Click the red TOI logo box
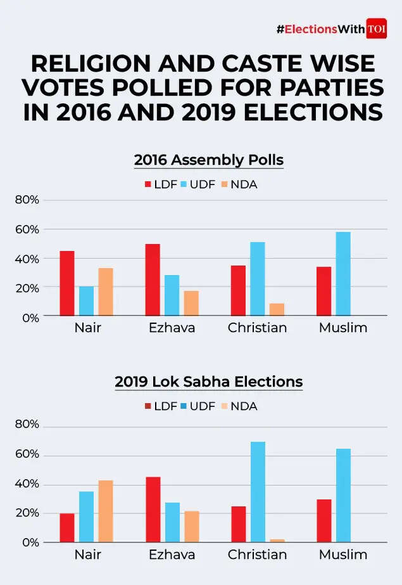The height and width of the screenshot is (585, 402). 377,29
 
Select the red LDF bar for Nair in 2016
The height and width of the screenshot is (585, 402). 67,283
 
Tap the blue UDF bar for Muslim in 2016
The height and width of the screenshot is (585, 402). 343,274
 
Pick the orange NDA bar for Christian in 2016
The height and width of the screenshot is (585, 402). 277,309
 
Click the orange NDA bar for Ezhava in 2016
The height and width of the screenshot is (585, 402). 191,303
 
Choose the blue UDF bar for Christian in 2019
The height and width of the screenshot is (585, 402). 258,492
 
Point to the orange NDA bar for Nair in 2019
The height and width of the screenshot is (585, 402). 106,511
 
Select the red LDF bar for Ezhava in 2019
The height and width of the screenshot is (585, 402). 153,510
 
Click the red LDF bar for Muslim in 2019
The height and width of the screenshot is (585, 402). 324,521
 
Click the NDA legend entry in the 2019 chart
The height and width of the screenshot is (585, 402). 238,406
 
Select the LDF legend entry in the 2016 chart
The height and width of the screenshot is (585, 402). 160,184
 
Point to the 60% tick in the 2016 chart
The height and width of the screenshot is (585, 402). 27,229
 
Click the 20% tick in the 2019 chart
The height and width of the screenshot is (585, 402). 27,513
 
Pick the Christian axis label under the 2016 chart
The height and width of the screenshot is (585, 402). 257,328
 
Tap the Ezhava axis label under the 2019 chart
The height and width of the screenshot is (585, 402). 172,555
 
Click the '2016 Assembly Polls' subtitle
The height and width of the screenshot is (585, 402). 208,160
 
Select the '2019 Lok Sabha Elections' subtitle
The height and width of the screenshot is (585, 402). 208,382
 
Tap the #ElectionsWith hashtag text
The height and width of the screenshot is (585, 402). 320,29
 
